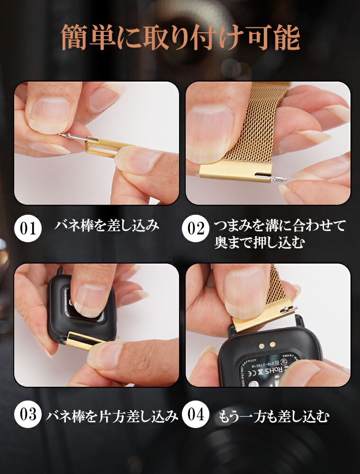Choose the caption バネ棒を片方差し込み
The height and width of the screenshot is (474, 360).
pos(112,416)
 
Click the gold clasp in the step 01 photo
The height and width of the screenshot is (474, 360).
pos(107,146)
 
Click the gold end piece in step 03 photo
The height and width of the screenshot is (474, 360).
pos(85,340)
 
